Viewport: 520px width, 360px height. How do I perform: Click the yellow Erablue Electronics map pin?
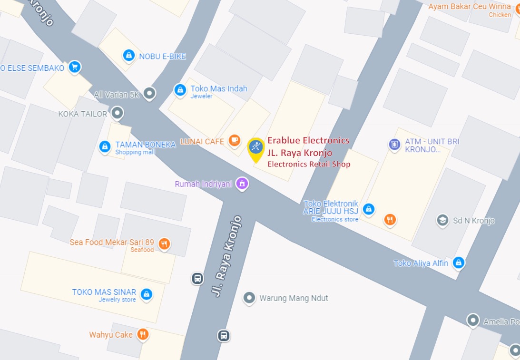pyautogui.click(x=256, y=148)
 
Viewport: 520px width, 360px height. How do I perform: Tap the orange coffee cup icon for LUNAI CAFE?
pyautogui.click(x=234, y=140)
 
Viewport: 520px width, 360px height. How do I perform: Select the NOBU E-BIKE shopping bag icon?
pyautogui.click(x=128, y=56)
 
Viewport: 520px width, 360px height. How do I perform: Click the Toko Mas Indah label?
pyautogui.click(x=219, y=89)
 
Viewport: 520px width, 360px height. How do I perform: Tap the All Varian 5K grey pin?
pyautogui.click(x=150, y=93)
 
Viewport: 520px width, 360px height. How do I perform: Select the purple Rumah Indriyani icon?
pyautogui.click(x=242, y=183)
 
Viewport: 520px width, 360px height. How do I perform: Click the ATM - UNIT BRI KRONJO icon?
pyautogui.click(x=394, y=144)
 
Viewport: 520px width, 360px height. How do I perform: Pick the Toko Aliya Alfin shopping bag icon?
pyautogui.click(x=458, y=263)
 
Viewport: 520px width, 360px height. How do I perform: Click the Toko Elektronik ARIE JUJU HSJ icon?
pyautogui.click(x=368, y=209)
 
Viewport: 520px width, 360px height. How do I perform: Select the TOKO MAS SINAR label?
pyautogui.click(x=104, y=292)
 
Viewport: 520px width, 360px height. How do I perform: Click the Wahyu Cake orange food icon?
pyautogui.click(x=143, y=334)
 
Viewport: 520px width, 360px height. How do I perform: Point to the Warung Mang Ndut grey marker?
pyautogui.click(x=249, y=298)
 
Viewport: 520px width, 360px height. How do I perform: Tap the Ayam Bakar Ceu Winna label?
pyautogui.click(x=470, y=7)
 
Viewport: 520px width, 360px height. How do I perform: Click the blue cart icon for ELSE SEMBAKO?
pyautogui.click(x=74, y=67)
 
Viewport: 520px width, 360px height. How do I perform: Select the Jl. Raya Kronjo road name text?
pyautogui.click(x=226, y=257)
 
